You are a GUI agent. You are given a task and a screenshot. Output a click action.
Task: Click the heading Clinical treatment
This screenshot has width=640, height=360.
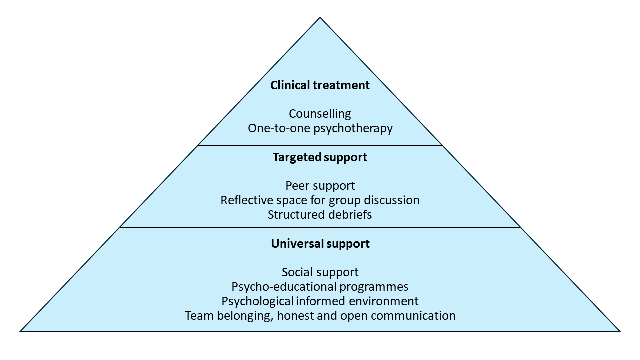(320, 85)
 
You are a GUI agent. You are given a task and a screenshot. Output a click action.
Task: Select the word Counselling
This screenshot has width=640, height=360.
(320, 114)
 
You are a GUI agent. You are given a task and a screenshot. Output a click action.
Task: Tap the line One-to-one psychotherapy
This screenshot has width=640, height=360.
(320, 128)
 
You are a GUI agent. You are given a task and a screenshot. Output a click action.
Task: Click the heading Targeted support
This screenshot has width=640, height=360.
(320, 157)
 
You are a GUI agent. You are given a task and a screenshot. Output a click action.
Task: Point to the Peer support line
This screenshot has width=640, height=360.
(320, 186)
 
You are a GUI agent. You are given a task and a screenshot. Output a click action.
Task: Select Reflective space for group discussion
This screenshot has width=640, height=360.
(320, 200)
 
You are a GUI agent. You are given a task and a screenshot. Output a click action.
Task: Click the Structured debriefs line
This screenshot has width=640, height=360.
(320, 215)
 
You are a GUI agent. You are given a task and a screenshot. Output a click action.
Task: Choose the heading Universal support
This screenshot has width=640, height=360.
(320, 244)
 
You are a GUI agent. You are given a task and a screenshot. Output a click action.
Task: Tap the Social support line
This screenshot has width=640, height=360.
(320, 272)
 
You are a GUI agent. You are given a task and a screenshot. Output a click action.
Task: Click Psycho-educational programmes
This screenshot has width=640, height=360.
(320, 287)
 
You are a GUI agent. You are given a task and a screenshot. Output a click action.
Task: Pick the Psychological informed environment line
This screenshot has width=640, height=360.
(320, 301)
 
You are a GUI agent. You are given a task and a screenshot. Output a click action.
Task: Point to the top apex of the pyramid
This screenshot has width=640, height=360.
(320, 18)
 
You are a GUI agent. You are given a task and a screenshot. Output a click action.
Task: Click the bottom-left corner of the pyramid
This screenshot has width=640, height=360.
(21, 331)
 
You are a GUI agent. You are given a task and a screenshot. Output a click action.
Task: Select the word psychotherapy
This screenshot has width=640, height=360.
(353, 128)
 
